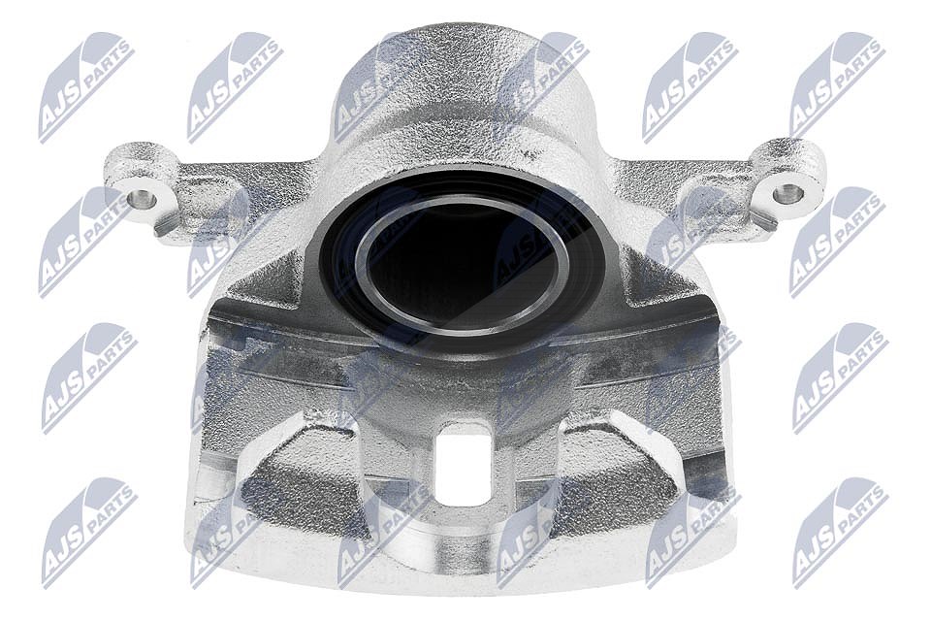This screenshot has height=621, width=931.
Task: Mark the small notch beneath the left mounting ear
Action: click(163, 226)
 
